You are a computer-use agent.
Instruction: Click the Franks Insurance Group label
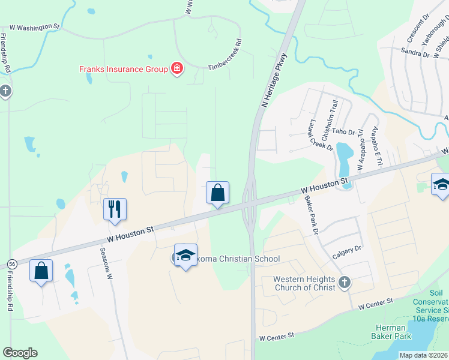(x=124, y=69)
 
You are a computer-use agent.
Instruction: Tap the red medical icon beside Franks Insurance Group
(x=177, y=68)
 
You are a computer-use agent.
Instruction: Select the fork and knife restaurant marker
(x=115, y=209)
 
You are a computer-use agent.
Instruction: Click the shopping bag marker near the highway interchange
(x=218, y=193)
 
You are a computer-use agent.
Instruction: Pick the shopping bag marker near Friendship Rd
(x=41, y=271)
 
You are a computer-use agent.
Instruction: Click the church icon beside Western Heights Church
(x=345, y=282)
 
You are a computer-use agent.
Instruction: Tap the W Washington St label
(x=35, y=27)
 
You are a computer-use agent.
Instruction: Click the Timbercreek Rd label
(x=225, y=55)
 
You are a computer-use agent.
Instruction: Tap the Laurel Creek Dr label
(x=319, y=135)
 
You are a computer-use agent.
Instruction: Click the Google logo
(x=20, y=353)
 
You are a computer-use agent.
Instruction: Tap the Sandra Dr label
(x=414, y=53)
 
